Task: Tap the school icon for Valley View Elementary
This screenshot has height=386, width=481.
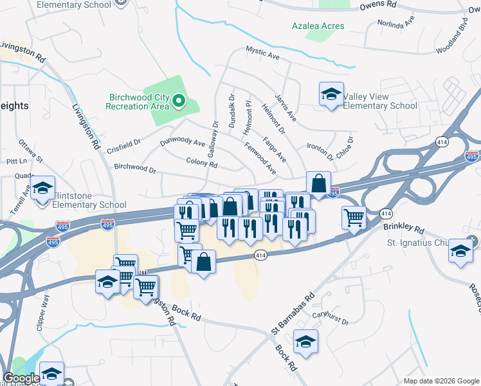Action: pyautogui.click(x=331, y=95)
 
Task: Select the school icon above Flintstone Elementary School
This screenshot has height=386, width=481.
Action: pyautogui.click(x=43, y=188)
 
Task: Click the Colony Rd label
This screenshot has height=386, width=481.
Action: pyautogui.click(x=201, y=163)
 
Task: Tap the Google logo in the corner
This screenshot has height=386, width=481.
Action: pyautogui.click(x=21, y=378)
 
